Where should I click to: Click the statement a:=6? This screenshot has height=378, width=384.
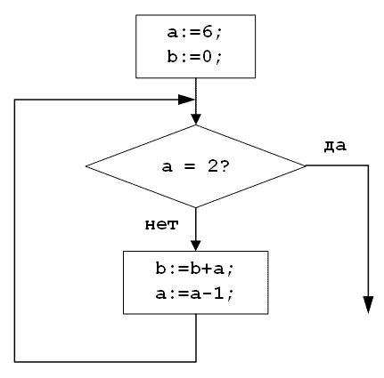[x=194, y=33]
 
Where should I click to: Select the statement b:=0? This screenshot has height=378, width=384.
[x=194, y=57]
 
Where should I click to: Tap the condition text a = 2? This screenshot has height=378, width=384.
[x=195, y=167]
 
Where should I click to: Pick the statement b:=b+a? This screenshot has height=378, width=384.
[x=195, y=269]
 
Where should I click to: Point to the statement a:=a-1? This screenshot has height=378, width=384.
[x=195, y=294]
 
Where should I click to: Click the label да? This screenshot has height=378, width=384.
[x=335, y=146]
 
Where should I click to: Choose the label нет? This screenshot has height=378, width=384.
[x=161, y=225]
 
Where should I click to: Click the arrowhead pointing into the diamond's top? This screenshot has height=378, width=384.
[x=196, y=119]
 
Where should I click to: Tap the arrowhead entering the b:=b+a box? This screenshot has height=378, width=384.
[x=196, y=245]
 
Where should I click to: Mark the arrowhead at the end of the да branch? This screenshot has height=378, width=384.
[x=369, y=304]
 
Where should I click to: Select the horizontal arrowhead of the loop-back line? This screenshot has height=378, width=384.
[x=187, y=100]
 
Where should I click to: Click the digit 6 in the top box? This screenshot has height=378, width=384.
[x=207, y=32]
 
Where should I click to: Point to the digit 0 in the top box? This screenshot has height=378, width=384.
[x=207, y=56]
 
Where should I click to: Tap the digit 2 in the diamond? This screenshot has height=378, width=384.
[x=213, y=167]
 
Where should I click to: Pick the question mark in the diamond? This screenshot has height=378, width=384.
[x=224, y=167]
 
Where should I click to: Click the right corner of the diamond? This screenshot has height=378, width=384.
[x=306, y=165]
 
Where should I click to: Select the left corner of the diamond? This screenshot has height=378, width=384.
[x=86, y=165]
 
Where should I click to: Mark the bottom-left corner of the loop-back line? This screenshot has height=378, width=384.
[x=14, y=362]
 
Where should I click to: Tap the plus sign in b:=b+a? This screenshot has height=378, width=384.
[x=207, y=269]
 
